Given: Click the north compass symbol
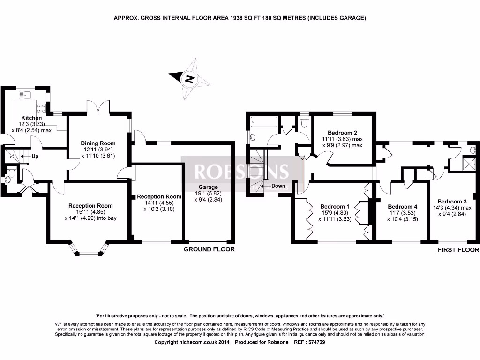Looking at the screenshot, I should click(190, 79).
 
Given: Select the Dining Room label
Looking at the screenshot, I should click(98, 143).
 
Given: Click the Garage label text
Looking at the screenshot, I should click(208, 187).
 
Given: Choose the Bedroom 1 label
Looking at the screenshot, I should click(335, 206).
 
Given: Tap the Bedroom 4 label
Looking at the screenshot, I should click(402, 207).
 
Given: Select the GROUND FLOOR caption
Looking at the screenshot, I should click(209, 249).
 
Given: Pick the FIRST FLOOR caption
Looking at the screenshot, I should click(458, 250).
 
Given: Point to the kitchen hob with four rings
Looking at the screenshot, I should click(41, 108).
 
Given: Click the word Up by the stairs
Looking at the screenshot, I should click(35, 156).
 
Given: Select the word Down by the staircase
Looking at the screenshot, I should click(278, 186).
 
